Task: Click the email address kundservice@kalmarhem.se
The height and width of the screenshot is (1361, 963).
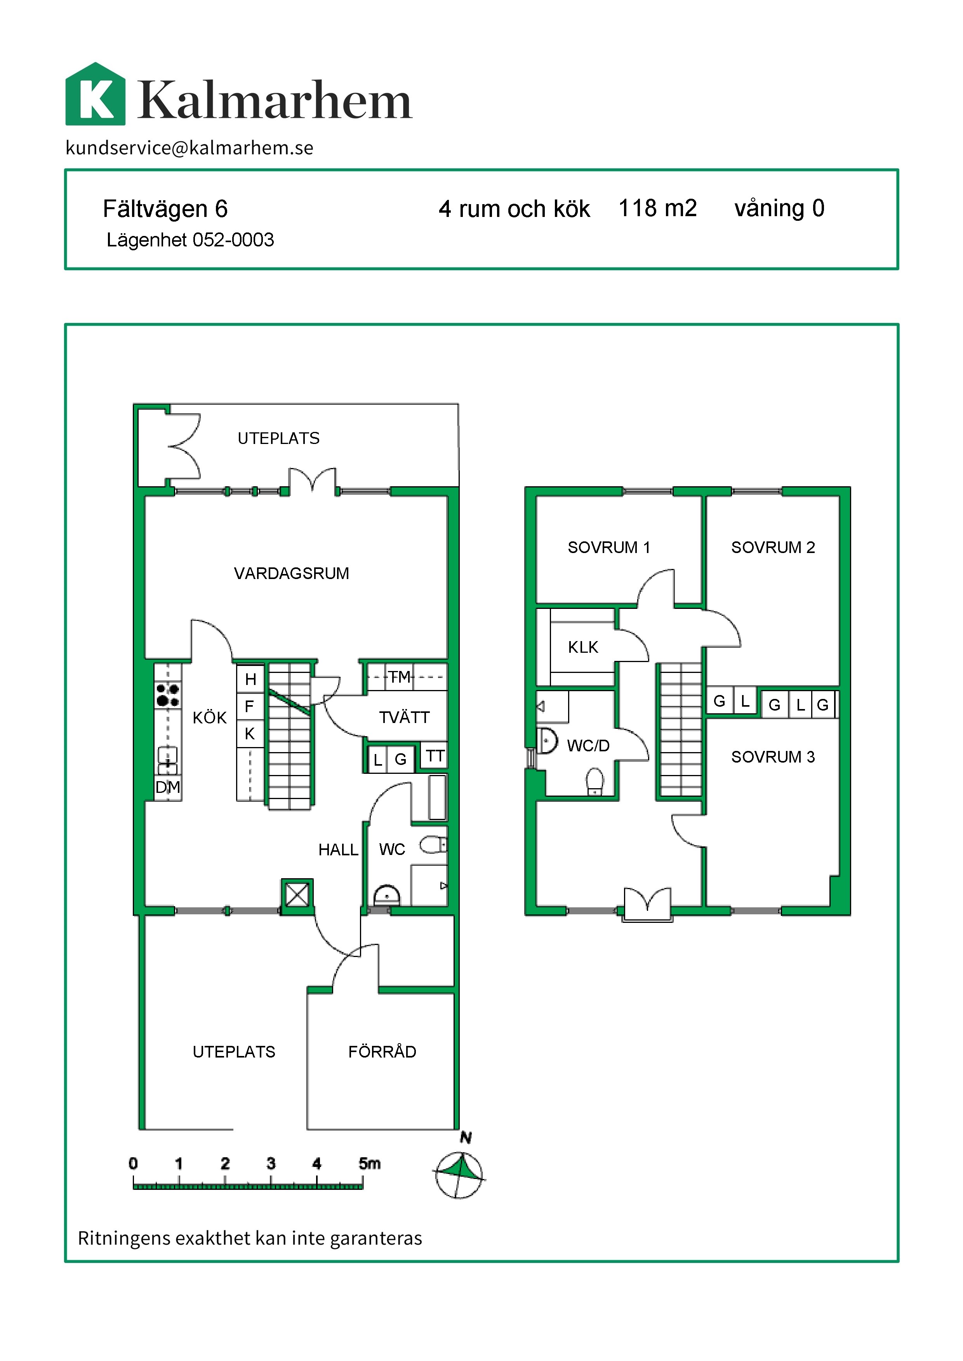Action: (x=189, y=147)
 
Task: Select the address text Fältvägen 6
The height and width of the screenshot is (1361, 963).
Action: (x=165, y=209)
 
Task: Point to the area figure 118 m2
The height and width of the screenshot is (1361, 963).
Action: (x=658, y=208)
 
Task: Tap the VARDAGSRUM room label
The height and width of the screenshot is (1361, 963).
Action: (x=291, y=573)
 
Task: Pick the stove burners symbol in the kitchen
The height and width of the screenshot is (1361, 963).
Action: (x=168, y=695)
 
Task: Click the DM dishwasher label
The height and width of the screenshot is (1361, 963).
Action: (x=168, y=787)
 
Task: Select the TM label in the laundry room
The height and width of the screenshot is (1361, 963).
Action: (x=400, y=676)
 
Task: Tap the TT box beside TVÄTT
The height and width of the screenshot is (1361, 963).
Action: (x=435, y=756)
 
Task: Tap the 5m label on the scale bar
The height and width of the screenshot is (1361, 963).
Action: (x=369, y=1163)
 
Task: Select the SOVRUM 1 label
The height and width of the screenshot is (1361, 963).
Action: (x=609, y=547)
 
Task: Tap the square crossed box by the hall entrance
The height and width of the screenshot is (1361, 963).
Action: (x=297, y=895)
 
